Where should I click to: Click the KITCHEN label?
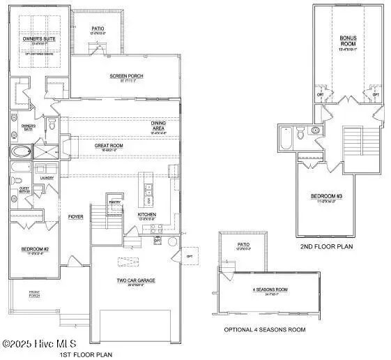[x=146, y=214]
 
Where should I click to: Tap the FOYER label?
[x=75, y=217]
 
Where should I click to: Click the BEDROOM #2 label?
[x=26, y=249]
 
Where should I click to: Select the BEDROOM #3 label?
[x=327, y=197]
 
